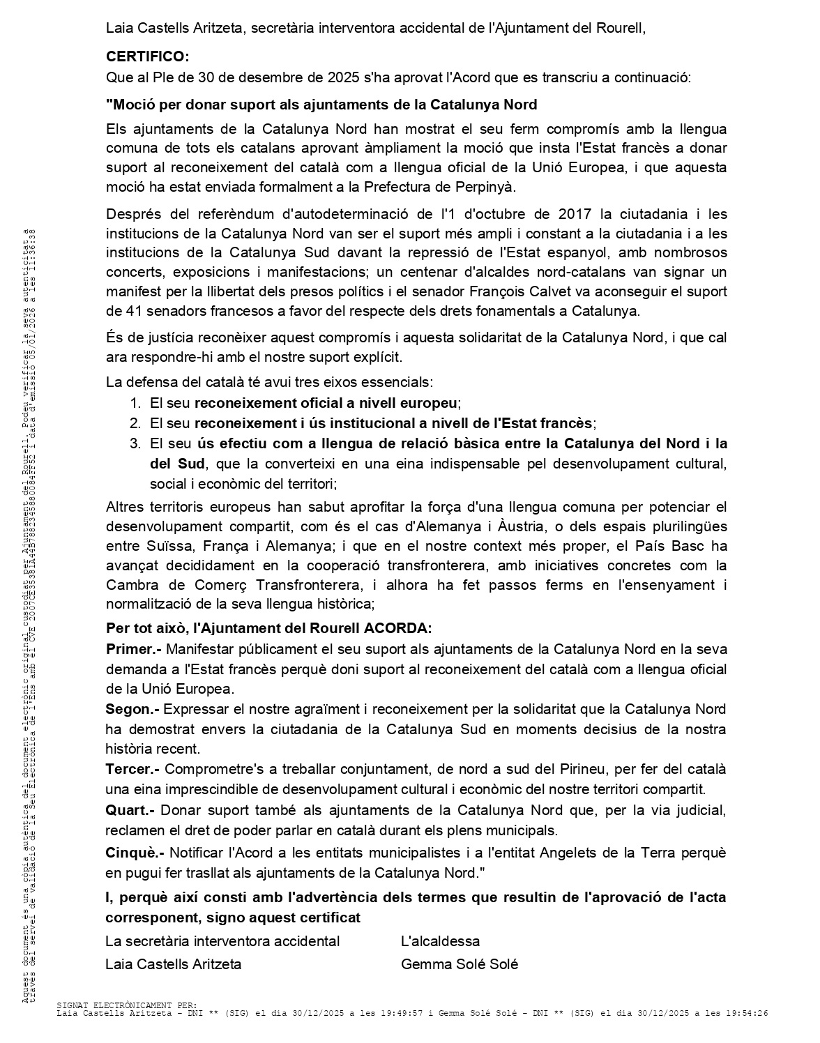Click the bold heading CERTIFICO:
147,56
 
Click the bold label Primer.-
133,649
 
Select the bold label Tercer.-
132,769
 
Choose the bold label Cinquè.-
135,853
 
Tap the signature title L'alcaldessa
440,941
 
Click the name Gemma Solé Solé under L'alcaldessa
460,964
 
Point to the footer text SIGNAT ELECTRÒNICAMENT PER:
127,1005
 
